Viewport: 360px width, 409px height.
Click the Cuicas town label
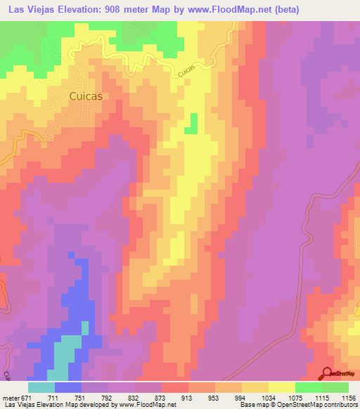[92, 97]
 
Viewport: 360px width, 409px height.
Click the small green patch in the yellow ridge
[191, 124]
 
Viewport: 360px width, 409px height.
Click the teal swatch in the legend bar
[41, 387]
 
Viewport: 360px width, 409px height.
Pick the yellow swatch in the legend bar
[281, 387]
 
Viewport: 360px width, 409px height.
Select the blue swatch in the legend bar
[68, 387]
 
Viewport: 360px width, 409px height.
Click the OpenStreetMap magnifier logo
[326, 374]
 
